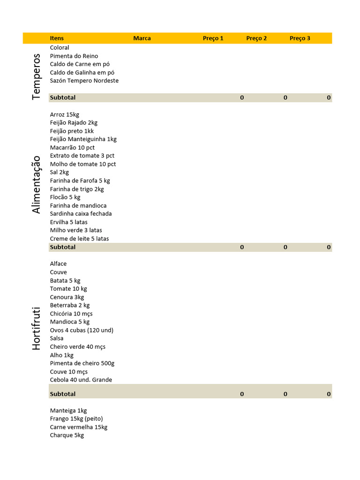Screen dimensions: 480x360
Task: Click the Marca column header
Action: pyautogui.click(x=142, y=38)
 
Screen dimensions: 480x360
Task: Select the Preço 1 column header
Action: pyautogui.click(x=213, y=38)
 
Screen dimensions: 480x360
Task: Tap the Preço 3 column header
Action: pyautogui.click(x=300, y=38)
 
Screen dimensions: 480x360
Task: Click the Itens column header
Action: pyautogui.click(x=57, y=38)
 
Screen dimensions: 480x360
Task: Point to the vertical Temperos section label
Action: pyautogui.click(x=37, y=76)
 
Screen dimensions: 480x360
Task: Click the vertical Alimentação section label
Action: pyautogui.click(x=37, y=185)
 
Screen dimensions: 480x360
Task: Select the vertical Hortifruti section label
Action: pyautogui.click(x=37, y=329)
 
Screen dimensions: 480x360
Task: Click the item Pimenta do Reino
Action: pyautogui.click(x=74, y=56)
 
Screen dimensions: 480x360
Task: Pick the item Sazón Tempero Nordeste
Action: pyautogui.click(x=84, y=81)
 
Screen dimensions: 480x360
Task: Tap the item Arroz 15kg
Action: pyautogui.click(x=65, y=114)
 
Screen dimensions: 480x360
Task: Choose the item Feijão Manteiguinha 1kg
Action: pyautogui.click(x=83, y=139)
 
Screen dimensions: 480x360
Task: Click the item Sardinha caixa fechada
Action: pyautogui.click(x=81, y=214)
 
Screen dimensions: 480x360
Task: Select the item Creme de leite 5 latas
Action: pyautogui.click(x=79, y=239)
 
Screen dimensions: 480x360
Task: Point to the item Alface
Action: pyautogui.click(x=58, y=264)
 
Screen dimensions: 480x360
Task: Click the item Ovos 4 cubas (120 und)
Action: pyautogui.click(x=82, y=330)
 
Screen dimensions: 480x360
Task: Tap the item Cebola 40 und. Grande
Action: pyautogui.click(x=81, y=380)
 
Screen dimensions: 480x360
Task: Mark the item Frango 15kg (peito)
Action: pyautogui.click(x=76, y=419)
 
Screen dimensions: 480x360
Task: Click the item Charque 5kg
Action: pyautogui.click(x=67, y=435)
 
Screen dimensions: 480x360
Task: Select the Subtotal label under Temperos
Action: pyautogui.click(x=63, y=97)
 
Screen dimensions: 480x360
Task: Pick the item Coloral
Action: pyautogui.click(x=60, y=48)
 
